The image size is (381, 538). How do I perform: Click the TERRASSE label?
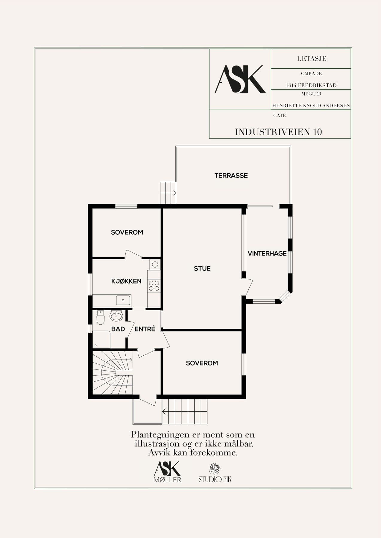pos(231,175)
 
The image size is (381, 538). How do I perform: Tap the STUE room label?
pos(202,268)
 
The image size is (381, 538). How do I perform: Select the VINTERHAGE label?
pos(267,253)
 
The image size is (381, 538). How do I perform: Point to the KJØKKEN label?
pos(126,281)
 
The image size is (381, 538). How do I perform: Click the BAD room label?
pos(118,329)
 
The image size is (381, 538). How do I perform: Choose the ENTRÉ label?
pos(145,329)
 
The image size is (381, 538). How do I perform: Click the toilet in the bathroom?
pos(100,317)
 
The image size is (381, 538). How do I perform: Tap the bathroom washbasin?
pos(116,316)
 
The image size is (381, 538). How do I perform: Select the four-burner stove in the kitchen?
pos(154,285)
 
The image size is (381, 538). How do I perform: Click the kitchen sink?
pos(123,300)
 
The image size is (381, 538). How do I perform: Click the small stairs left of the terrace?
pos(168,193)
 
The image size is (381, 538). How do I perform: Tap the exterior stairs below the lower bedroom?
pos(185,412)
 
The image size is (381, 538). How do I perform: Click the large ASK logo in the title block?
pos(240,79)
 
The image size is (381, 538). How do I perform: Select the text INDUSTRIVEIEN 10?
pos(278,132)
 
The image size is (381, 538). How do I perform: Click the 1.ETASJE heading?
pos(312,59)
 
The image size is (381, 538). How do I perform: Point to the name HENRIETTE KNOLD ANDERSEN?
pos(311,106)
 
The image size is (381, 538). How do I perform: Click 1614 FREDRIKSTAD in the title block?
pos(311,85)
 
